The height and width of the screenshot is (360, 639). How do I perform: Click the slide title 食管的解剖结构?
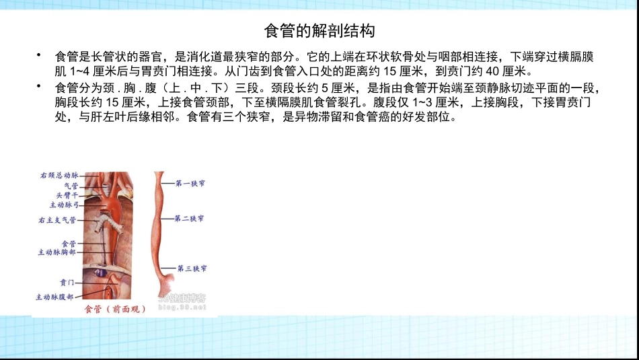(319, 31)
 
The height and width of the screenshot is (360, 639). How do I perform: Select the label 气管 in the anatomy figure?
(71, 186)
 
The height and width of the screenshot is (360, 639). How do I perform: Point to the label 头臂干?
(68, 194)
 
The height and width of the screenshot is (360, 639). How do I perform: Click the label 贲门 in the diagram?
(67, 283)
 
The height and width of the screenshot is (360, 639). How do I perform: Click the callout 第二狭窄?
(190, 219)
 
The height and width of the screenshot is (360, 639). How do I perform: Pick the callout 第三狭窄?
(192, 268)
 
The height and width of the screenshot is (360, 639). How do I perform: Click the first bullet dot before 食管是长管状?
(40, 56)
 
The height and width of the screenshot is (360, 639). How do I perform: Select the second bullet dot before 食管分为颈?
(40, 87)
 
